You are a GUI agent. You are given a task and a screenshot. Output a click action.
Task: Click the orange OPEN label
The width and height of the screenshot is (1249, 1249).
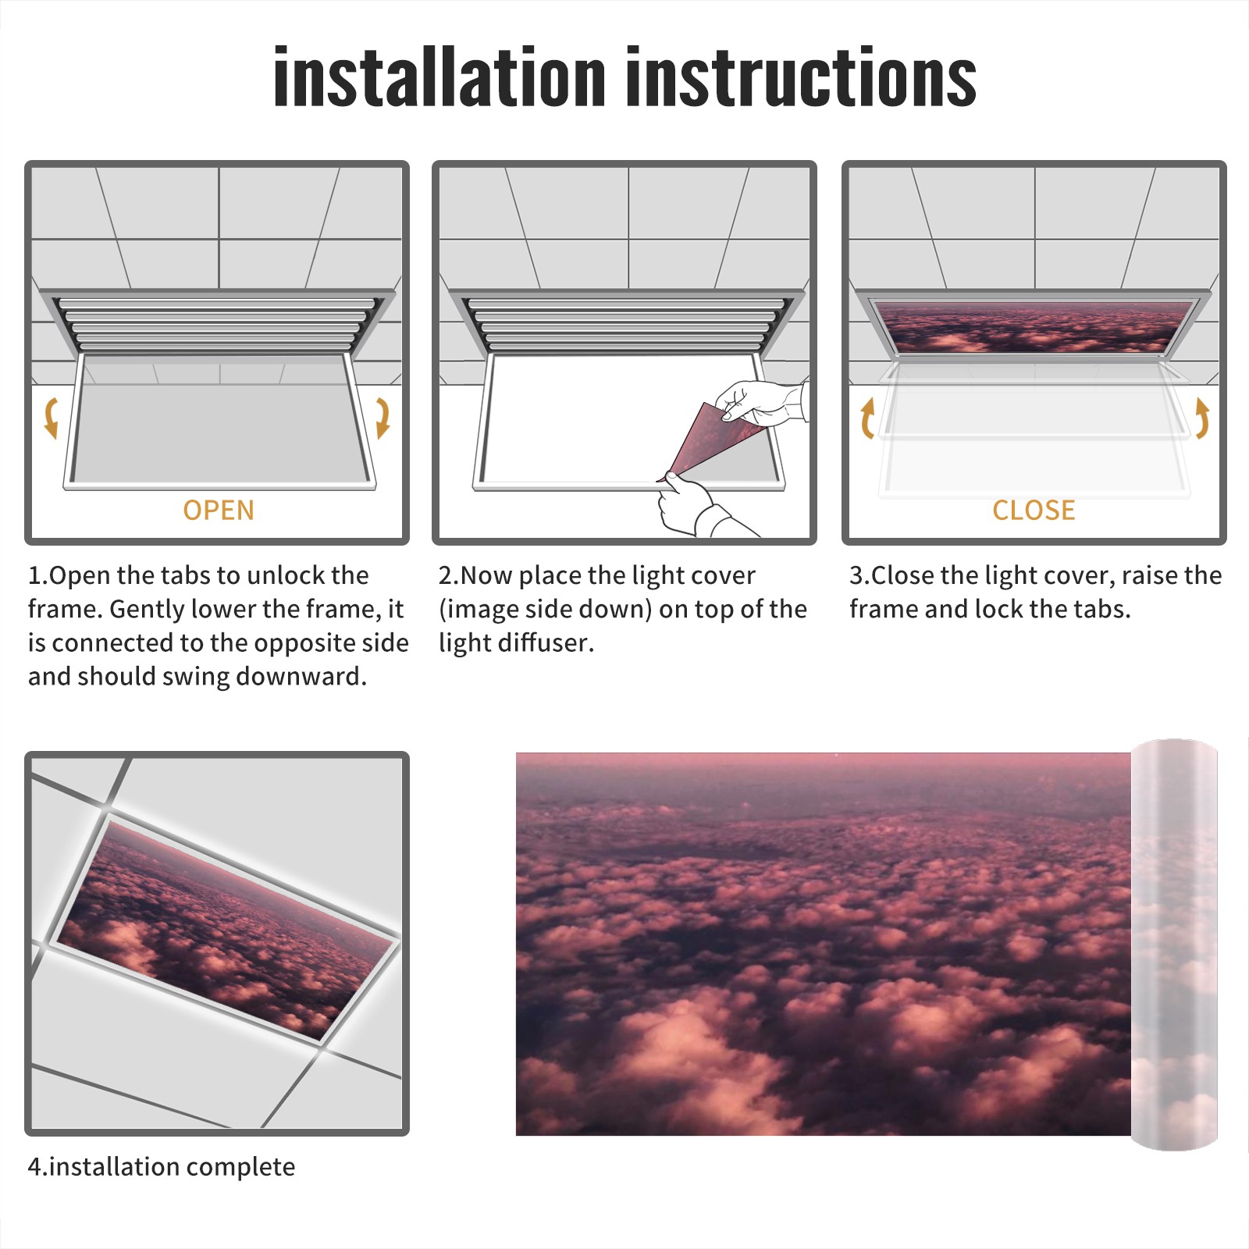point(219,510)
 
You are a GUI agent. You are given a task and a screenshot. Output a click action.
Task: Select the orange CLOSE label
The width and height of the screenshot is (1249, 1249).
point(1034,510)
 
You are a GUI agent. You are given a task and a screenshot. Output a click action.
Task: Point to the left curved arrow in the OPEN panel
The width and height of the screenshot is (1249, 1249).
point(51,418)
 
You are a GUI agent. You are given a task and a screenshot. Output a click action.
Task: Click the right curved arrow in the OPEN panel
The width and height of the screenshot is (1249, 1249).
point(383,418)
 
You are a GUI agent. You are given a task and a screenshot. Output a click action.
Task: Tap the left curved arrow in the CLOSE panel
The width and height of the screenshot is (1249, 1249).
point(867,418)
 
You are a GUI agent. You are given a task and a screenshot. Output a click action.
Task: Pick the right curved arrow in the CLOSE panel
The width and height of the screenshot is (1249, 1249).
point(1202,418)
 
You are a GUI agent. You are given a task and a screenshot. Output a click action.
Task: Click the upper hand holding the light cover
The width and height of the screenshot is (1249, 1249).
point(761,402)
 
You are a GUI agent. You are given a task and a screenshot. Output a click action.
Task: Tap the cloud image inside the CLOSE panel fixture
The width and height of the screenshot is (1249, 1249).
point(1033,327)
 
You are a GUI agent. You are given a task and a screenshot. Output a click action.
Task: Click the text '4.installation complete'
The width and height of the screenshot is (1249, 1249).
point(162,1166)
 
